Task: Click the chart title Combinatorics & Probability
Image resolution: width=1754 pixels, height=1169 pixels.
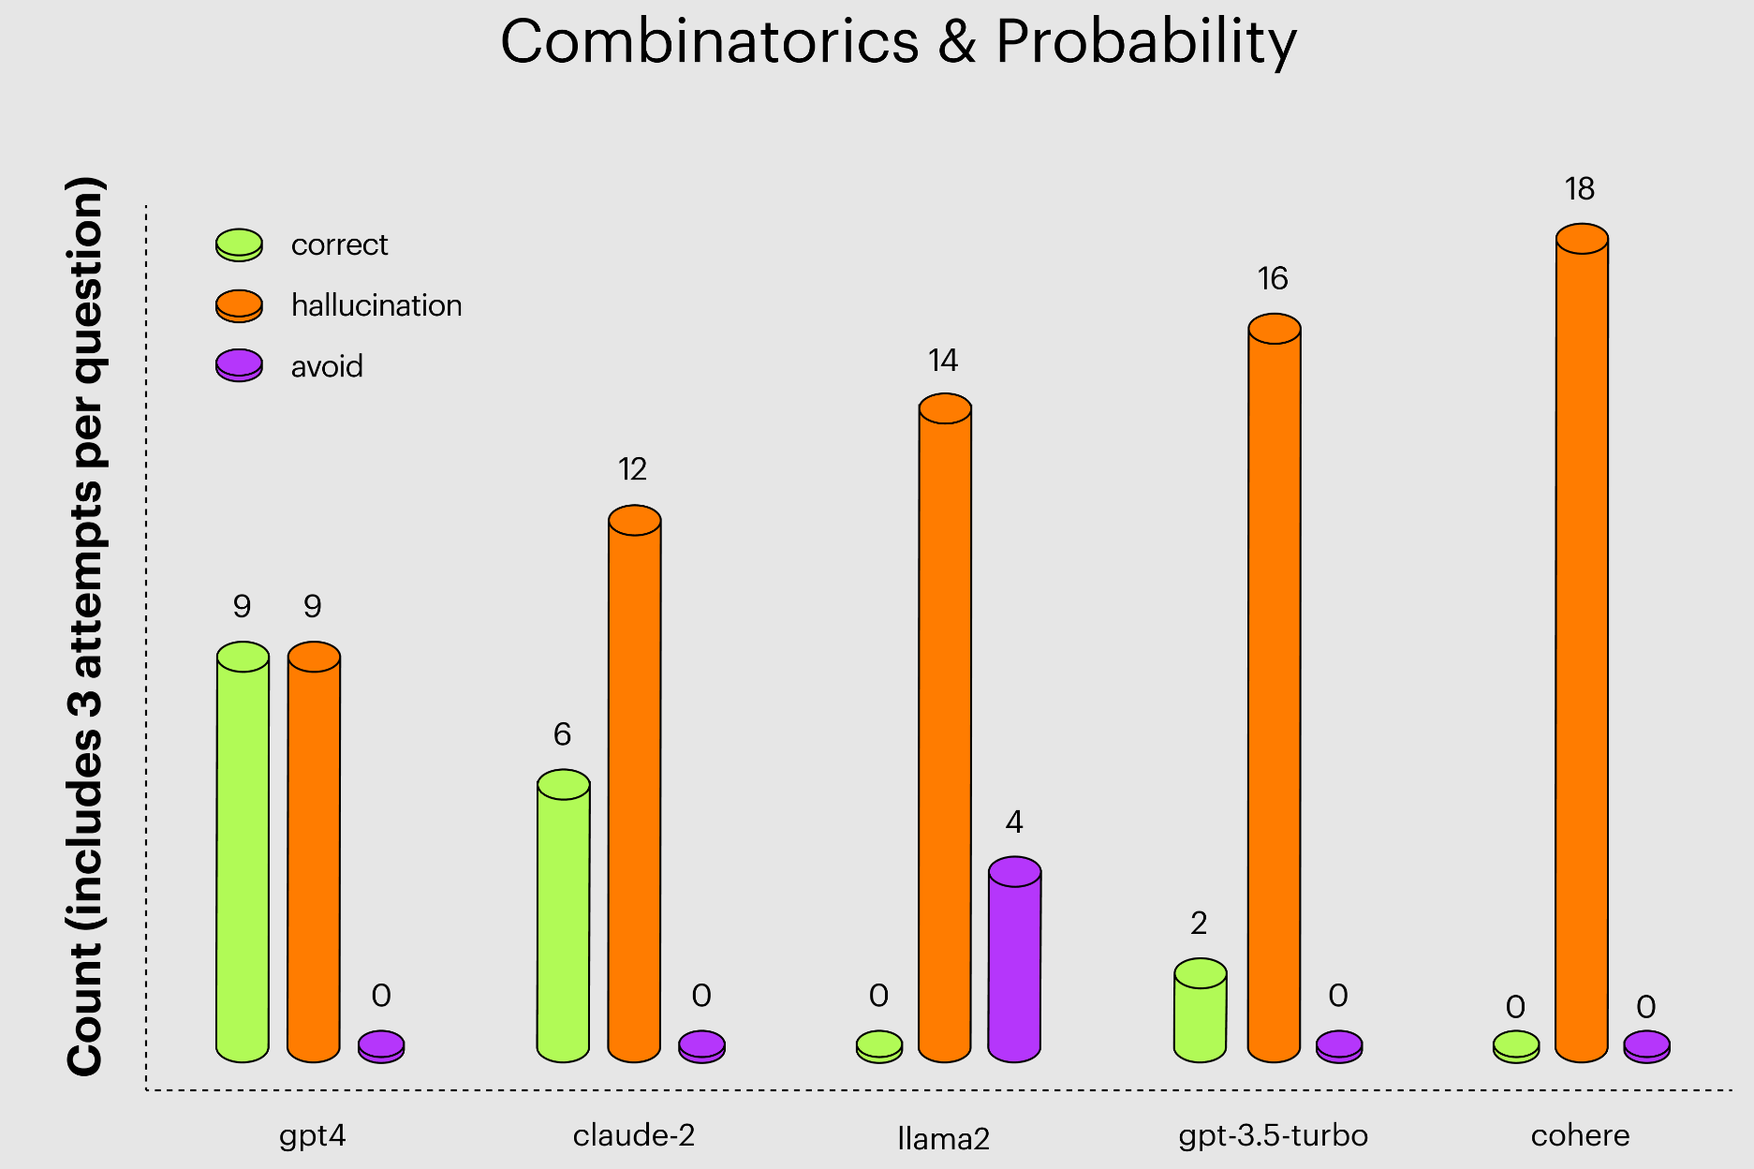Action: tap(898, 42)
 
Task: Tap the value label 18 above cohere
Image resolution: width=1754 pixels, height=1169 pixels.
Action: tap(1579, 190)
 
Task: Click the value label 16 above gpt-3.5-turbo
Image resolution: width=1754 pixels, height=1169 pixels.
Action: tap(1273, 279)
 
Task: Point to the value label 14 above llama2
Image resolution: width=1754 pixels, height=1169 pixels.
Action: tap(943, 361)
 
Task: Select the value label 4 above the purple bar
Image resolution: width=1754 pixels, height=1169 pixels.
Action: tap(1014, 822)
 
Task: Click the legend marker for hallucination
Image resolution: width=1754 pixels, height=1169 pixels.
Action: tap(239, 305)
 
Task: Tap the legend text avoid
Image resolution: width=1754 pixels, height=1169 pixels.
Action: tap(327, 366)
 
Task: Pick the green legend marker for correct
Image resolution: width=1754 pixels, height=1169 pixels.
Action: tap(239, 244)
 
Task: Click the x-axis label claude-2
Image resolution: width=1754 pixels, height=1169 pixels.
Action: tap(634, 1136)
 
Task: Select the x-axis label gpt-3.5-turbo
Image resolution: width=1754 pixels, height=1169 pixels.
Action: tap(1273, 1136)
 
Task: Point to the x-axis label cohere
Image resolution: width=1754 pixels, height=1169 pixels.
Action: tap(1580, 1136)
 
